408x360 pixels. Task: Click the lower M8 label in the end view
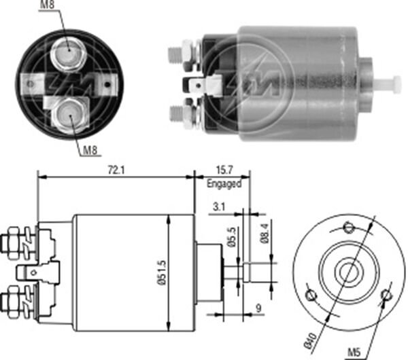click(91, 151)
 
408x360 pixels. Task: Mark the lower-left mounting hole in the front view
click(312, 295)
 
